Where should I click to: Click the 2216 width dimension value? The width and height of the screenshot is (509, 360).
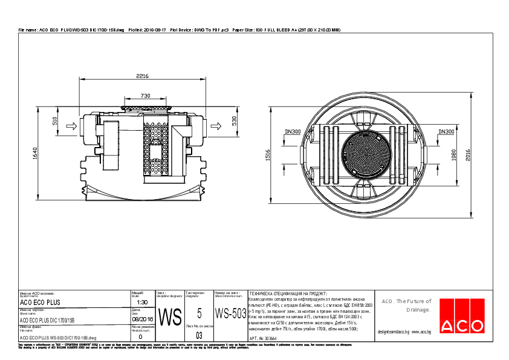pyautogui.click(x=142, y=76)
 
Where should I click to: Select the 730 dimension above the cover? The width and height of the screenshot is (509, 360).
pyautogui.click(x=145, y=96)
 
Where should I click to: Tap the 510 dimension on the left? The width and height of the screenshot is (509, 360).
pyautogui.click(x=54, y=121)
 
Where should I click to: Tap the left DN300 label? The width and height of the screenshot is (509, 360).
pyautogui.click(x=293, y=131)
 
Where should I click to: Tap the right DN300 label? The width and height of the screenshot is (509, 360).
pyautogui.click(x=446, y=131)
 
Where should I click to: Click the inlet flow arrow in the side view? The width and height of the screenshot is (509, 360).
pyautogui.click(x=70, y=126)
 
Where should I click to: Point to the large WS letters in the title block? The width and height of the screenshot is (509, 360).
pyautogui.click(x=169, y=316)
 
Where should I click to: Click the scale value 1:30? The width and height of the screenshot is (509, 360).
pyautogui.click(x=143, y=302)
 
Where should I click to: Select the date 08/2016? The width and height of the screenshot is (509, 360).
pyautogui.click(x=143, y=319)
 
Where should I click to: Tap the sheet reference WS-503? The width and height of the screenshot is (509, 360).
pyautogui.click(x=230, y=313)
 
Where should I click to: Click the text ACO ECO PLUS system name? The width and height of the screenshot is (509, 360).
pyautogui.click(x=40, y=302)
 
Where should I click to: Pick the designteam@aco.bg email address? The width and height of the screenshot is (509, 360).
pyautogui.click(x=394, y=332)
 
